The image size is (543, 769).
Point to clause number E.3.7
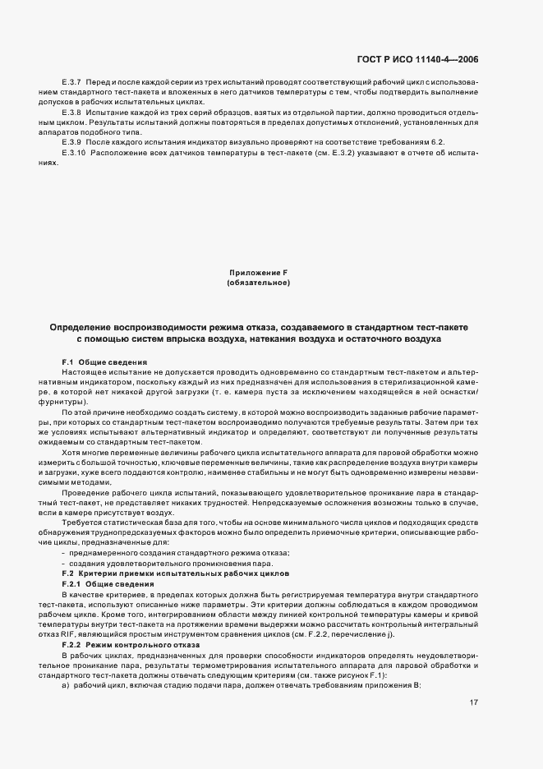(72, 83)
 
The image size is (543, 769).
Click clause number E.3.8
(72, 111)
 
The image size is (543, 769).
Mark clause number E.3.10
(74, 153)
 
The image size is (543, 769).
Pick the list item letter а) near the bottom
(66, 685)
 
